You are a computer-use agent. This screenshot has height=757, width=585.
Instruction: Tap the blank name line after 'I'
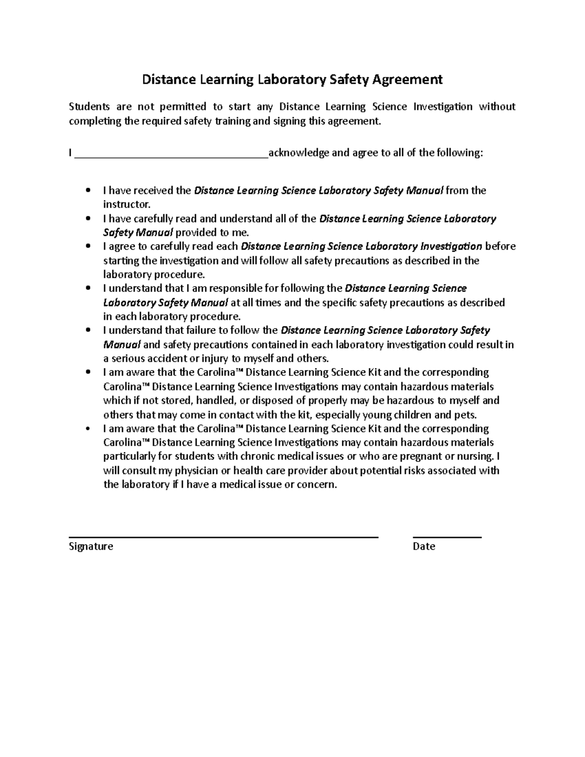coord(171,156)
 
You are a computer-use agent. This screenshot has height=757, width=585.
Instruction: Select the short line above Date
coord(447,537)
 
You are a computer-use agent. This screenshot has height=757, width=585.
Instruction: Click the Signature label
coord(91,546)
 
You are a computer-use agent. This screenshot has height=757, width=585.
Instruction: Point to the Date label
coord(424,546)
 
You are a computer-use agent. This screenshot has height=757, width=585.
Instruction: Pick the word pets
coord(465,415)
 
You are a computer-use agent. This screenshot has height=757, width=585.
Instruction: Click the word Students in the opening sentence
coord(89,107)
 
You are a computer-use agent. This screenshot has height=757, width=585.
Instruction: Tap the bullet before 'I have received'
coord(88,191)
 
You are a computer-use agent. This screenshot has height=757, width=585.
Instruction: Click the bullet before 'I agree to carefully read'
coord(88,247)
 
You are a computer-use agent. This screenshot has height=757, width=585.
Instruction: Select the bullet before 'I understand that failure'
coord(88,330)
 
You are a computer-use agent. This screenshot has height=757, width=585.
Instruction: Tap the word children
coord(411,415)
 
